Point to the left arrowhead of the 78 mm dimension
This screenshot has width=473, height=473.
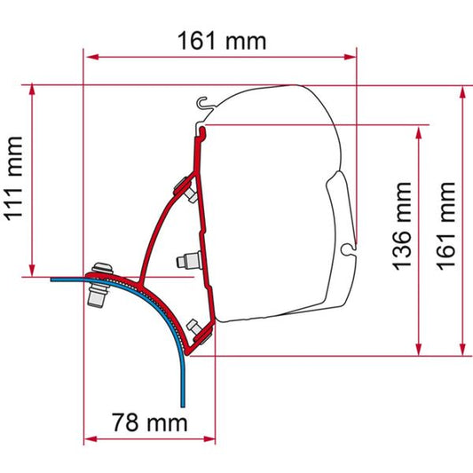tap(89, 440)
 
